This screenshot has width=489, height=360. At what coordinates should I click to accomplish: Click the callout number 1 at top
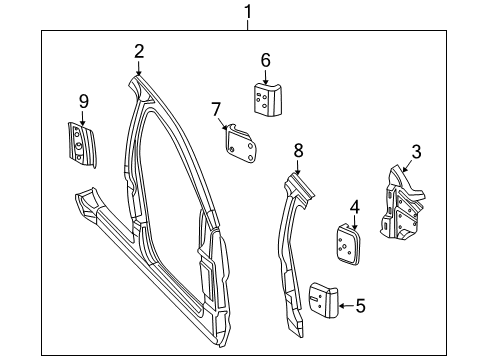(248, 12)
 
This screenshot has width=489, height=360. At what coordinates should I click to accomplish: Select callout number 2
(139, 51)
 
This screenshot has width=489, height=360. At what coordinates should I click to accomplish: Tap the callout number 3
(416, 152)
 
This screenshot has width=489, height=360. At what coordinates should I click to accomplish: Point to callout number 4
(353, 208)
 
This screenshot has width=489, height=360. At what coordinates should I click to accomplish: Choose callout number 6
(266, 60)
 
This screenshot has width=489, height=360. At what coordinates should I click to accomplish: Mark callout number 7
(215, 108)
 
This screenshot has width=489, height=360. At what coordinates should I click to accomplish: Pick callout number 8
(298, 150)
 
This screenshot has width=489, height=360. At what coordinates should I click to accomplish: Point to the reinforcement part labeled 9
(77, 139)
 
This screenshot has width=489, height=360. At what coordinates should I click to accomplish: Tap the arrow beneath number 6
(266, 76)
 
